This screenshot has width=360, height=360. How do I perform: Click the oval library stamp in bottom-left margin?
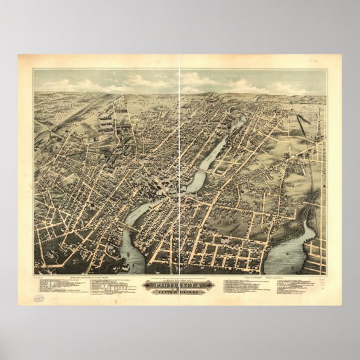40,298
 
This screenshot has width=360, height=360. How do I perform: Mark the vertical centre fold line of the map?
179,170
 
